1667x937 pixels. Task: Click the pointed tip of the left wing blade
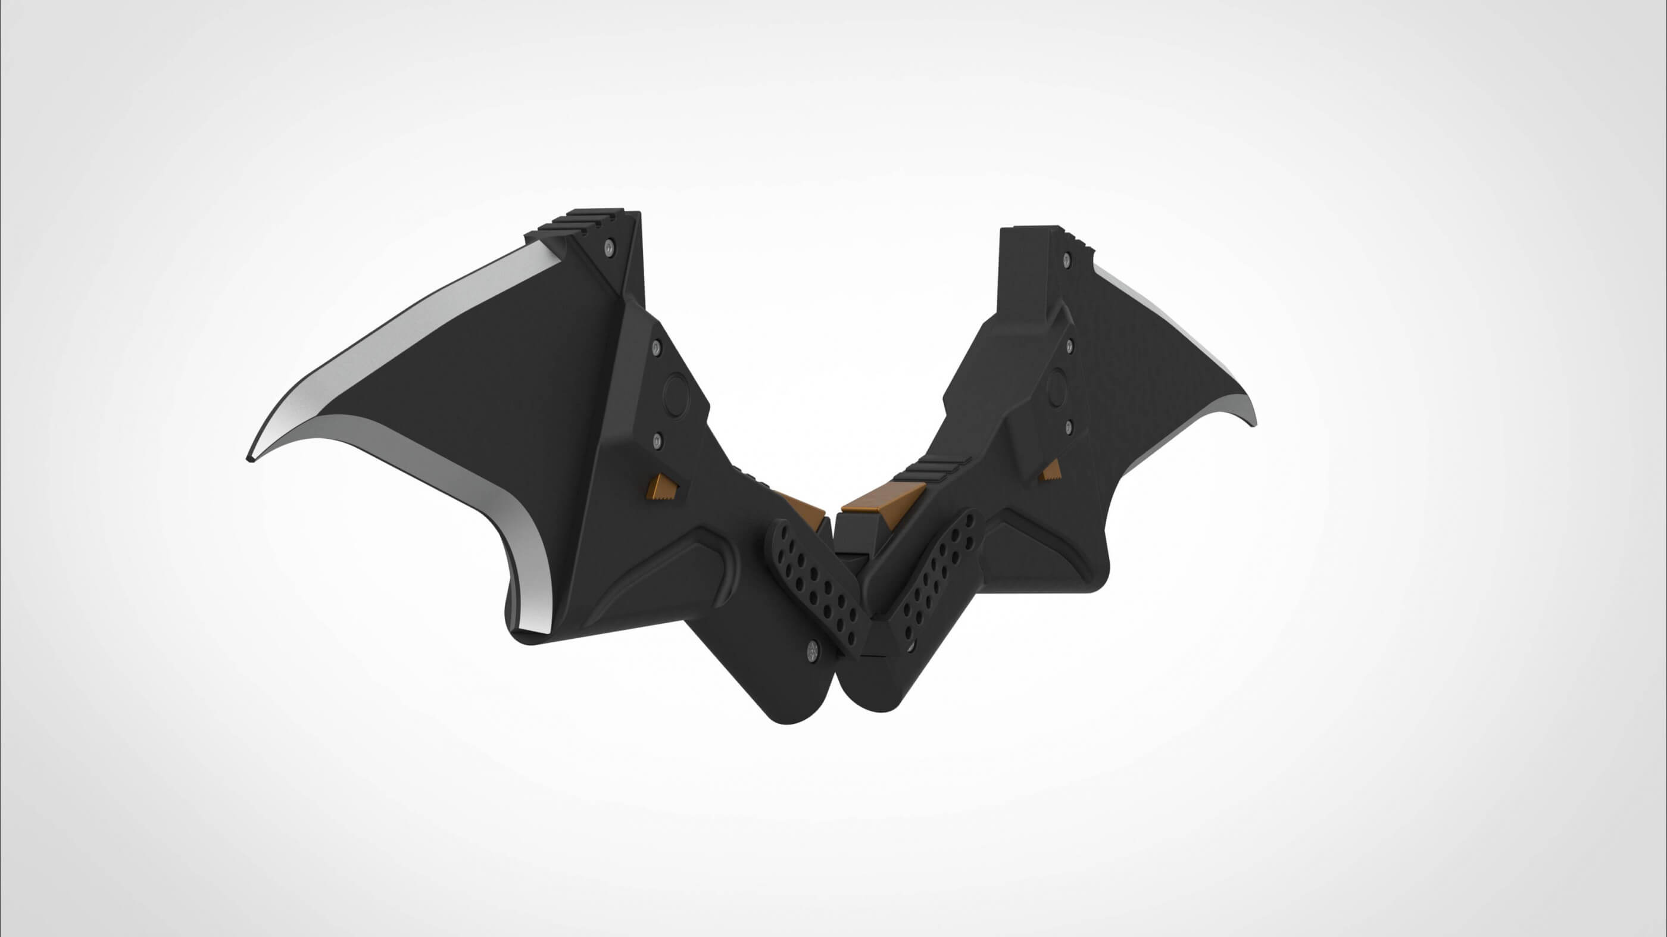click(251, 458)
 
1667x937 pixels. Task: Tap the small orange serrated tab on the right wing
click(1050, 470)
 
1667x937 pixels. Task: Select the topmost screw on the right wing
click(1066, 260)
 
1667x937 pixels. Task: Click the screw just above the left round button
click(655, 348)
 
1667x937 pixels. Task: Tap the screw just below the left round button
click(657, 440)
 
